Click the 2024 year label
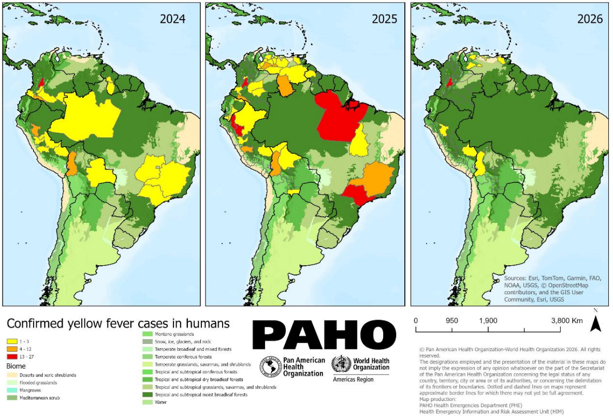(172, 19)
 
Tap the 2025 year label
(384, 19)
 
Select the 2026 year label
(590, 19)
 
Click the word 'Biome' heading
(16, 366)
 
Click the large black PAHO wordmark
(324, 335)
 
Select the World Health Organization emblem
(341, 365)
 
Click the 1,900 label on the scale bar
(488, 321)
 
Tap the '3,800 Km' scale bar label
(566, 321)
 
